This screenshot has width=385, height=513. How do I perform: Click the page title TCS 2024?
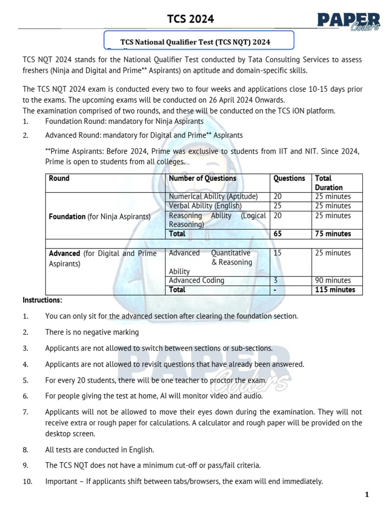point(190,19)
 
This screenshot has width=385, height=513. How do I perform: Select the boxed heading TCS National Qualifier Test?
point(199,43)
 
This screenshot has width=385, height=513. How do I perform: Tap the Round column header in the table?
point(59,178)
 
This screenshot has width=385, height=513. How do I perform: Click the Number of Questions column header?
point(203,178)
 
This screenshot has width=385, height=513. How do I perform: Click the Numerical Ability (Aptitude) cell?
point(213,196)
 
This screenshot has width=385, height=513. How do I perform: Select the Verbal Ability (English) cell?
point(205,206)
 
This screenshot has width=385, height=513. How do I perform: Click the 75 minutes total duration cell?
point(333,234)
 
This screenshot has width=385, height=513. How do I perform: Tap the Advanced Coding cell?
point(197,281)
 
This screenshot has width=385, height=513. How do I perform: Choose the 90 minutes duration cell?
point(333,281)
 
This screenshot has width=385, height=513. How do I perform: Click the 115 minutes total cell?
point(335,290)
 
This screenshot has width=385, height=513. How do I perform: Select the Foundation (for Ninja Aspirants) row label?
point(99,217)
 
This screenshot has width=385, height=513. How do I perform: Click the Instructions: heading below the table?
point(43,300)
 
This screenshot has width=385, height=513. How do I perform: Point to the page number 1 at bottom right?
point(367,495)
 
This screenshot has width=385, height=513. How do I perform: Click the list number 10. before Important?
point(28,481)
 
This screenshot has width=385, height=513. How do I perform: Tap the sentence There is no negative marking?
point(92,332)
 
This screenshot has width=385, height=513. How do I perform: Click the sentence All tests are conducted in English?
point(99,450)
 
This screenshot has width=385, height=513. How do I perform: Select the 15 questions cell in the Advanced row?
point(278,253)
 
